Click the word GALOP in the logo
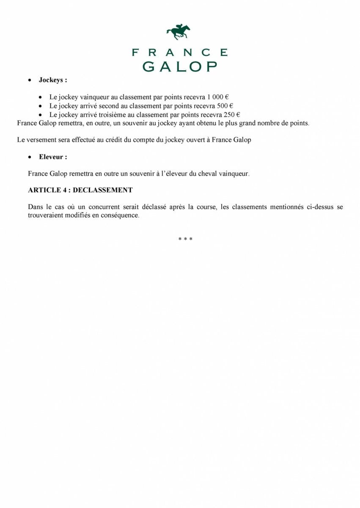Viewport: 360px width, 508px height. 179,66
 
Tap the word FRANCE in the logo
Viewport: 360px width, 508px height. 179,52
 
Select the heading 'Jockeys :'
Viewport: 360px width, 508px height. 53,80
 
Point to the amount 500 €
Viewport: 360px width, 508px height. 225,106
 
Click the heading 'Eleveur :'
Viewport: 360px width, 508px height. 53,157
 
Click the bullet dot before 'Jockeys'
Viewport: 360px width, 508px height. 30,80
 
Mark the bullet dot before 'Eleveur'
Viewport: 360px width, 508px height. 30,157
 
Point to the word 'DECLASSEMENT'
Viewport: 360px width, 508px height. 102,190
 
